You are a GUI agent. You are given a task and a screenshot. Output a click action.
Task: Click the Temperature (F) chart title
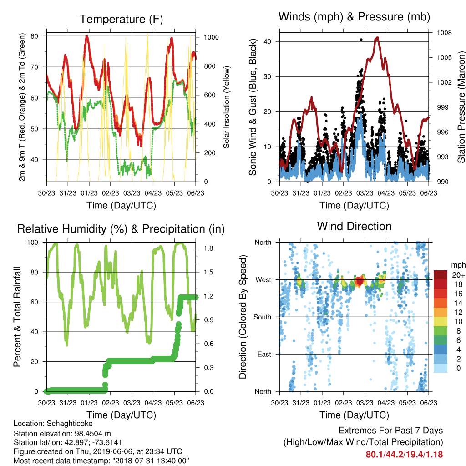(121, 19)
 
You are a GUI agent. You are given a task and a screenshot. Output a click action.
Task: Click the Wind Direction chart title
(354, 226)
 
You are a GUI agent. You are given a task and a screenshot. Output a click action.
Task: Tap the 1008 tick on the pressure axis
(444, 33)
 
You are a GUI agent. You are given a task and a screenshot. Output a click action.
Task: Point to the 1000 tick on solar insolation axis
(211, 37)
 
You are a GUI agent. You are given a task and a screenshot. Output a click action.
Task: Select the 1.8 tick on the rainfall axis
(208, 248)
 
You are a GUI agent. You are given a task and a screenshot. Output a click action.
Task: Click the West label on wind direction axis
(263, 280)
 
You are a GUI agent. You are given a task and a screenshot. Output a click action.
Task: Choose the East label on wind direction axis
(264, 354)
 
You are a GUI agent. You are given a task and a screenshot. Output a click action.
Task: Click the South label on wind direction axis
(263, 317)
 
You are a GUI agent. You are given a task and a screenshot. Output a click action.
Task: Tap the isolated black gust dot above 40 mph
(361, 40)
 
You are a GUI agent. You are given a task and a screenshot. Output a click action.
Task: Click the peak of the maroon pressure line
(377, 37)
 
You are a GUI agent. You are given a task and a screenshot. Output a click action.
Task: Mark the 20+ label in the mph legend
(458, 275)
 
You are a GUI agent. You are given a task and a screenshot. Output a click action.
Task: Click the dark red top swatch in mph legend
(441, 275)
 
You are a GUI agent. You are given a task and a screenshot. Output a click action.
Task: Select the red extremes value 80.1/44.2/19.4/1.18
(404, 455)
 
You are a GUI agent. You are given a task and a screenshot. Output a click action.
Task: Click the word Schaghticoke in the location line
(70, 424)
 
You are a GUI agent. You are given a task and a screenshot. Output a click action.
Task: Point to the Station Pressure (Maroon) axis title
(461, 107)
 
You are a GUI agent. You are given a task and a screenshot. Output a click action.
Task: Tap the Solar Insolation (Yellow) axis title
(227, 107)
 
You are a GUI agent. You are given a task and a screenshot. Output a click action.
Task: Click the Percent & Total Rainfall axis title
(18, 317)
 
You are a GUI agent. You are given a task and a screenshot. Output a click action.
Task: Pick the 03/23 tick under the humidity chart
(132, 403)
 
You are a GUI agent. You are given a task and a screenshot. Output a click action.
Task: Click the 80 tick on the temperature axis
(35, 36)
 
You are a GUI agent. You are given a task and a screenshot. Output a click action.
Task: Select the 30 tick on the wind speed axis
(268, 76)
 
